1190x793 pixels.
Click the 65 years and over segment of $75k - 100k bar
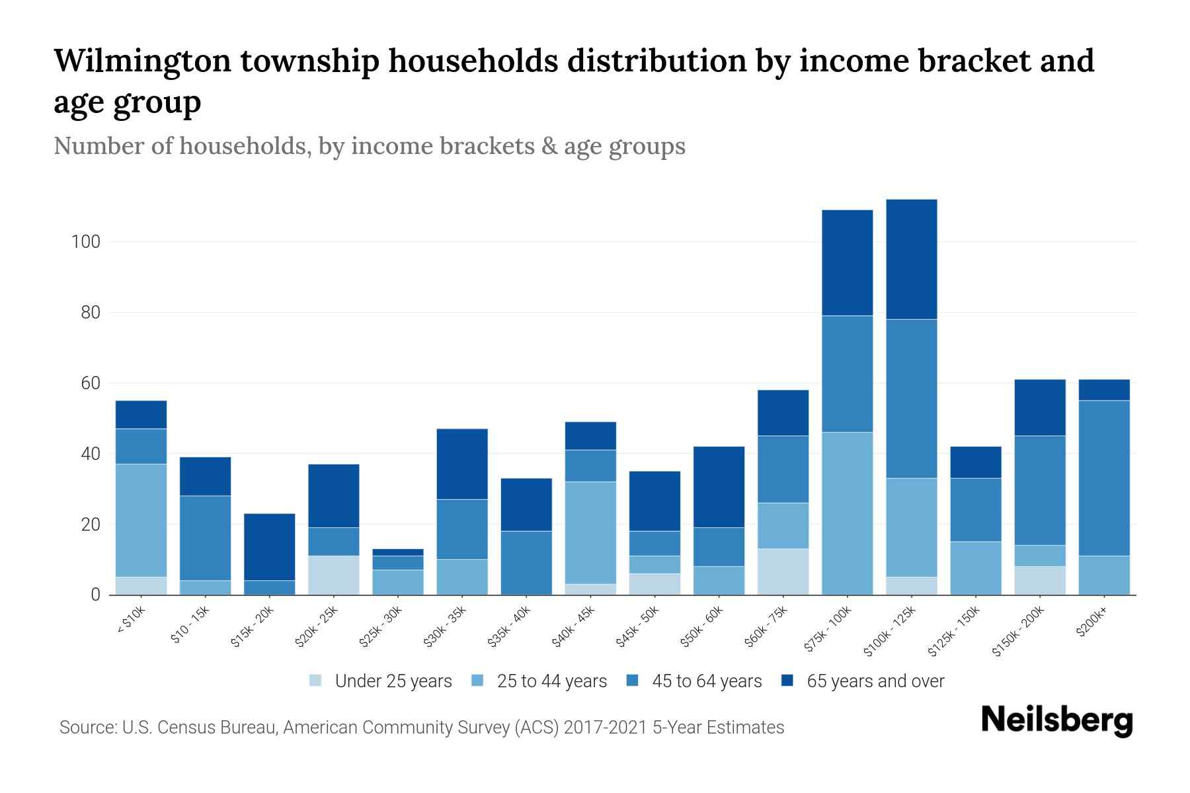pos(847,262)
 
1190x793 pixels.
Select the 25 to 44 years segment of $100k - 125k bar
pos(911,527)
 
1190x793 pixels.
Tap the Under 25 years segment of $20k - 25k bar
pos(333,575)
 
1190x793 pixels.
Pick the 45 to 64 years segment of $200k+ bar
pos(1104,478)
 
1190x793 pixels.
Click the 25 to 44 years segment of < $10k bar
pos(141,520)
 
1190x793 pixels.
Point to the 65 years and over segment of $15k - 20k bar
pos(269,547)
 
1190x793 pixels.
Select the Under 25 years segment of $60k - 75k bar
pos(783,572)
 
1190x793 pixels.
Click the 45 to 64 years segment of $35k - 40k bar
pos(526,562)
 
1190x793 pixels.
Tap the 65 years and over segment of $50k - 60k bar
pos(719,486)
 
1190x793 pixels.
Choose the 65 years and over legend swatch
pos(787,681)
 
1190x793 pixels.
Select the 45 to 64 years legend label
pos(707,681)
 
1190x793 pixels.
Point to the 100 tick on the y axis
pos(85,242)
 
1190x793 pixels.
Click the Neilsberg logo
pos(1056,720)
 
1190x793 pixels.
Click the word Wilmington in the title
pos(141,61)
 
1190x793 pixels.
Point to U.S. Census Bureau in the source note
pos(200,728)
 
